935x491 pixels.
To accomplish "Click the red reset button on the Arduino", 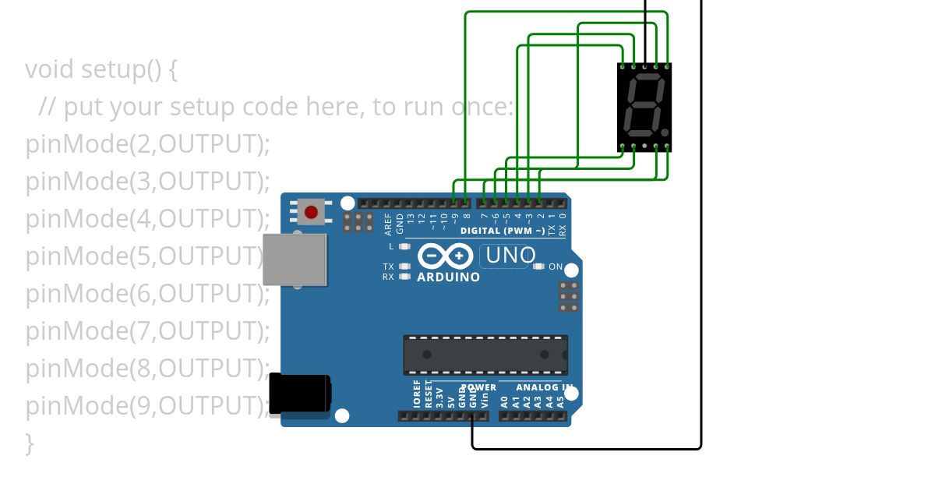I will point(311,212).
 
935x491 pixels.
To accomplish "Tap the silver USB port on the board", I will point(294,260).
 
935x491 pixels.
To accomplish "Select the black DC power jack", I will point(299,394).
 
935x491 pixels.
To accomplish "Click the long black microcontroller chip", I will point(485,355).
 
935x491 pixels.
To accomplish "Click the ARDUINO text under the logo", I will point(448,277).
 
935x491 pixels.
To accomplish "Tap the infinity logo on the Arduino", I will point(445,256).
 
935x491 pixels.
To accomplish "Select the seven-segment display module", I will point(644,107).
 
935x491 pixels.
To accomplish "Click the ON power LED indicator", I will point(538,267).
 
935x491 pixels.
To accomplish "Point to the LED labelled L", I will point(404,247).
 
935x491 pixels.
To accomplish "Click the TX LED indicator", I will point(404,267).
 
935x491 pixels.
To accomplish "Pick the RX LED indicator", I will point(404,276).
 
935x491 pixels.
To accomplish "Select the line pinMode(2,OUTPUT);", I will point(148,144).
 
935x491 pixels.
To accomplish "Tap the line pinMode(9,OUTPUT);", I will point(148,406).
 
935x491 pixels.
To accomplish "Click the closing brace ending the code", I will point(30,443).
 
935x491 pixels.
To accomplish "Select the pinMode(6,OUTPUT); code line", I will point(148,294).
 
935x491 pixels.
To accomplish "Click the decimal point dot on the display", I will point(665,132).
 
